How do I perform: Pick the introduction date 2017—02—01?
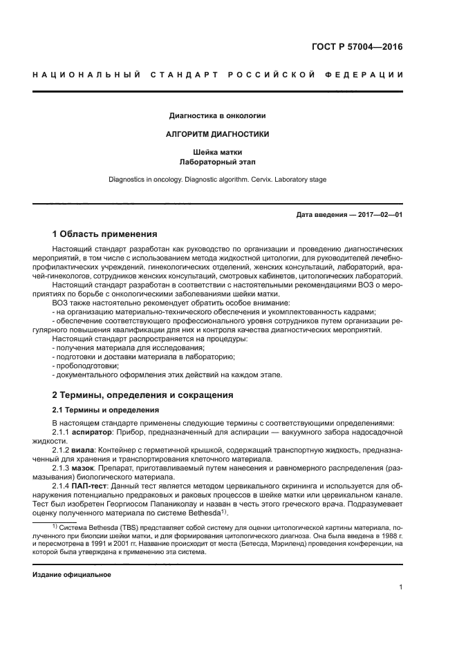(380, 215)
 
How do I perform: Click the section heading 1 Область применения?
(105, 234)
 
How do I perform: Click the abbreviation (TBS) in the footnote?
(128, 527)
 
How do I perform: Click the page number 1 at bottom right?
(400, 587)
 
